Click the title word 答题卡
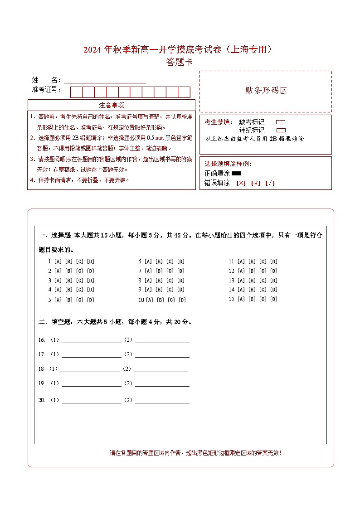point(180,63)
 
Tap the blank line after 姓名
point(105,80)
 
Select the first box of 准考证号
point(76,92)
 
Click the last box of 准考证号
point(184,92)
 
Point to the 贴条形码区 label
point(266,90)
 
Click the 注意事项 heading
point(112,105)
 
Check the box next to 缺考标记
point(281,122)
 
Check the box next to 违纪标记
point(281,130)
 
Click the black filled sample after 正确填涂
point(236,173)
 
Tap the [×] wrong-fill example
point(241,183)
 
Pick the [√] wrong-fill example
point(255,183)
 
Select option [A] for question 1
point(58,262)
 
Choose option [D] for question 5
point(91,300)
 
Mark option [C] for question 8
point(170,281)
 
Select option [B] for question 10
point(161,300)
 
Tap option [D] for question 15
point(274,299)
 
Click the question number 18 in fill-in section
point(41,369)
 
